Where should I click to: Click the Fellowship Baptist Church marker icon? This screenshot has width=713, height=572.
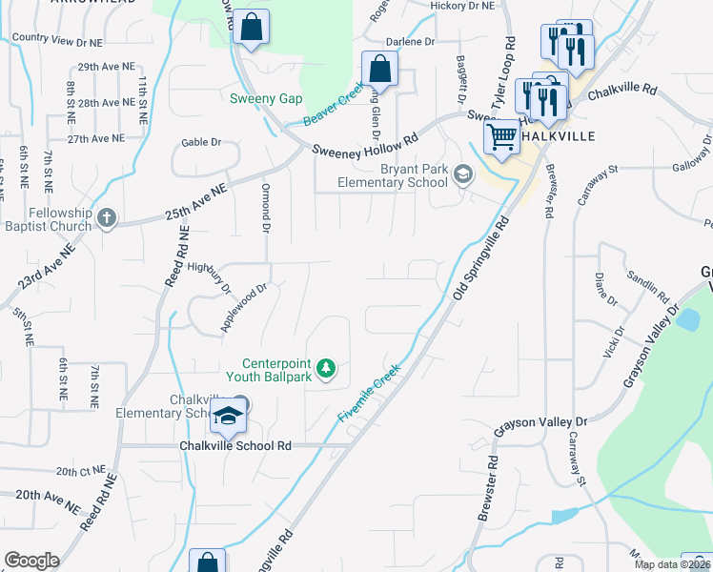106,218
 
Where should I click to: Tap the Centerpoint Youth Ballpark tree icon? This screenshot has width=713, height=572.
326,368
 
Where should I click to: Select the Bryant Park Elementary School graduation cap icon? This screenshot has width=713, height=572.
462,174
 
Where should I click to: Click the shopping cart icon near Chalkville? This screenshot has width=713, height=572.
501,135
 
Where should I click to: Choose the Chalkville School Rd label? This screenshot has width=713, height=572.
235,445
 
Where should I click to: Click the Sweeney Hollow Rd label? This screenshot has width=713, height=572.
365,145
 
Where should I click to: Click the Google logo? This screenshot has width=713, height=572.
31,561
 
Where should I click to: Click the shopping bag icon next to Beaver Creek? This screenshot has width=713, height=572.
379,70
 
